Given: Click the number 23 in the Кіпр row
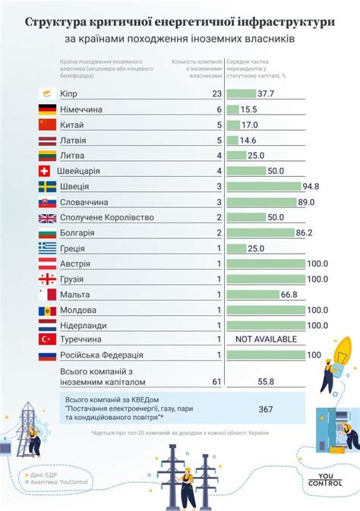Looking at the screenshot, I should [216, 93].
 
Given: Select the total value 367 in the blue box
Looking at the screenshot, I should [265, 408].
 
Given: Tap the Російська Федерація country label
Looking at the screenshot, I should [100, 355].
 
